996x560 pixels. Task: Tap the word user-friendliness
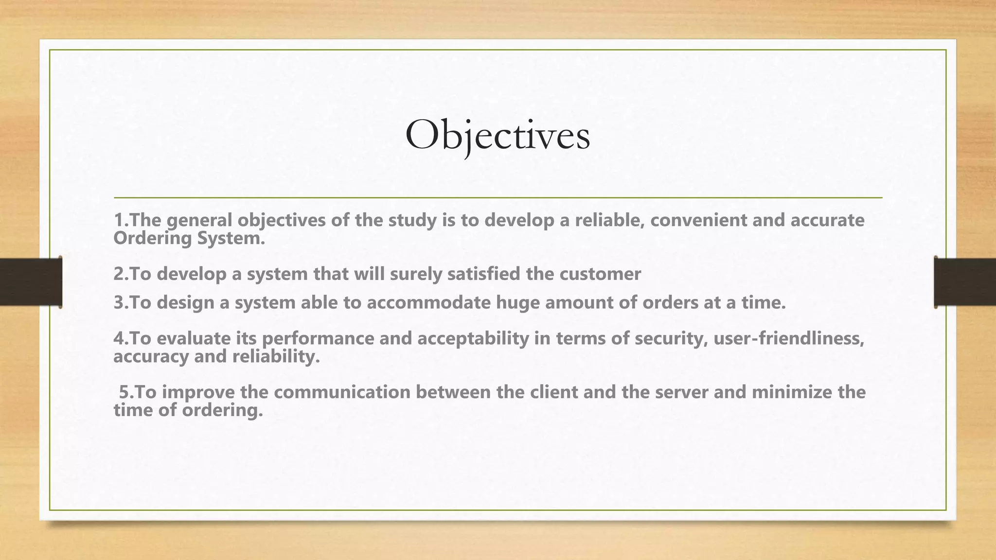click(x=788, y=338)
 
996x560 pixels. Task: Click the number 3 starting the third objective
click(x=118, y=303)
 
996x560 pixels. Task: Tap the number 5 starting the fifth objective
click(x=124, y=392)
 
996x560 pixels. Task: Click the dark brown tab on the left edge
click(x=31, y=282)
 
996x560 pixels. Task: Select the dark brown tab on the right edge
click(x=965, y=282)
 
